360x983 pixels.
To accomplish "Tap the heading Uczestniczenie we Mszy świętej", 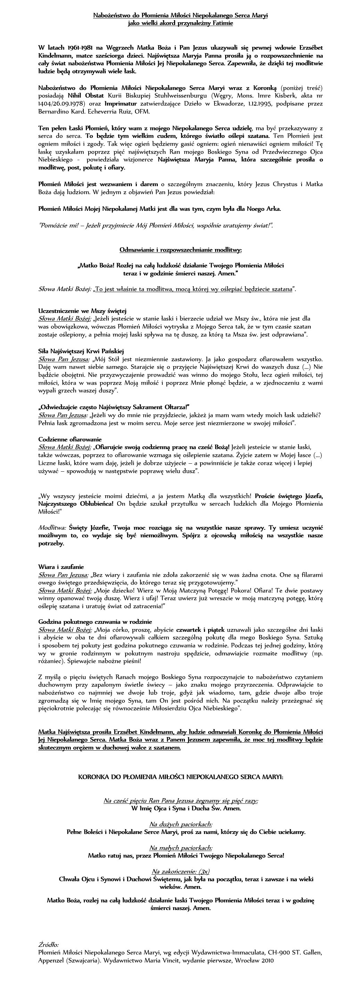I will coord(82,311).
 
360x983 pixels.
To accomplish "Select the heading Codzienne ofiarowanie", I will coord(70,439).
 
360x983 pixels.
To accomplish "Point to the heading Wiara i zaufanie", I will coord(61,567).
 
